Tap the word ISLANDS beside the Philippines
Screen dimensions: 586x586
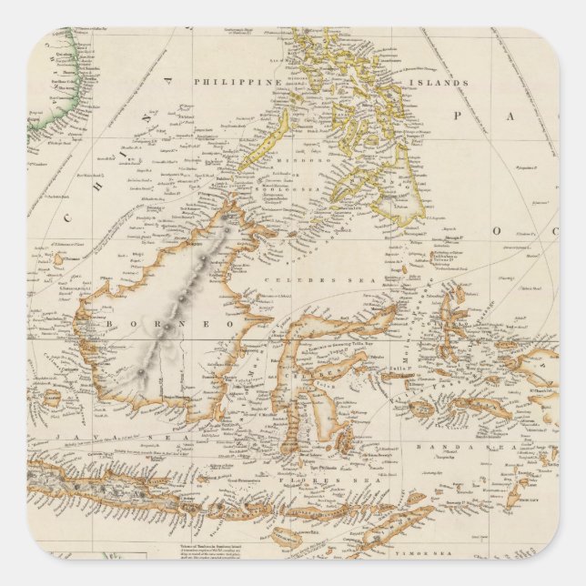pos(445,83)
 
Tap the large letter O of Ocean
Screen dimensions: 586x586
pos(498,230)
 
